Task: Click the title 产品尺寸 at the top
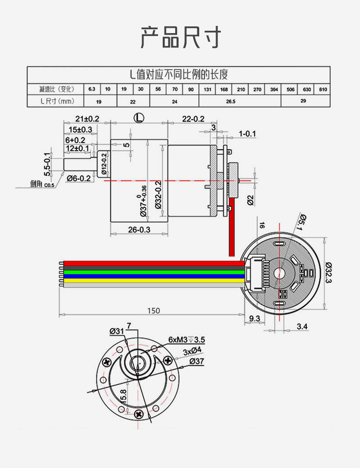(180, 37)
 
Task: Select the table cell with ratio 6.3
(92, 89)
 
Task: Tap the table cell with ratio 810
(323, 89)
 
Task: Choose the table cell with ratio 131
(207, 89)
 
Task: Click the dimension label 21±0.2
(87, 119)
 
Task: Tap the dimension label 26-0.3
(139, 229)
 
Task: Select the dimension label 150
(153, 311)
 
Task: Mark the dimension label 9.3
(255, 318)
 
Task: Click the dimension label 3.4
(302, 326)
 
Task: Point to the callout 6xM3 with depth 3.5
(187, 339)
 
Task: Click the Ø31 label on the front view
(117, 331)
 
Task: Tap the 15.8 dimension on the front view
(123, 396)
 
